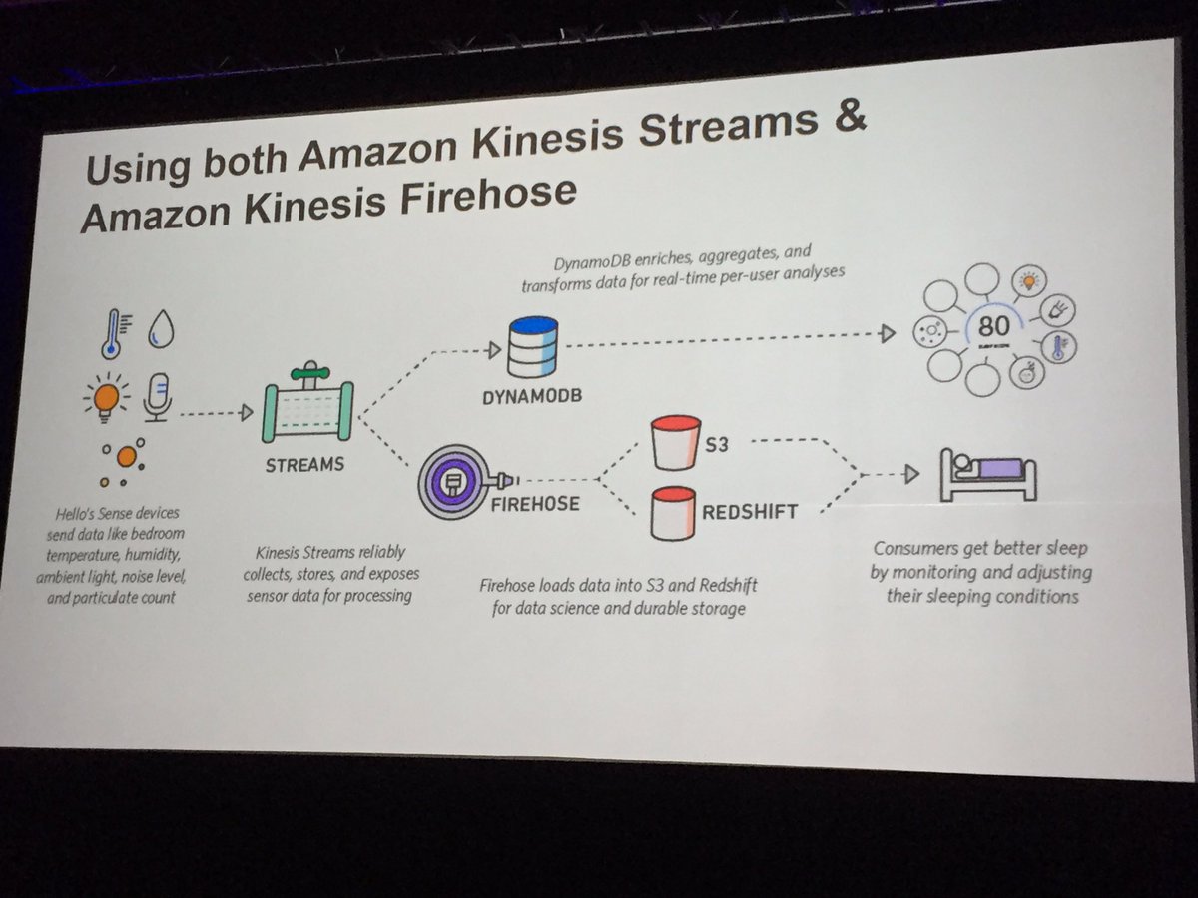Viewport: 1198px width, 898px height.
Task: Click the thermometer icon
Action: tap(110, 333)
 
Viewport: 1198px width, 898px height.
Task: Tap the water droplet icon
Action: tap(160, 330)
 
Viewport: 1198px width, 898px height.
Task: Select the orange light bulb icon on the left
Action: tap(106, 397)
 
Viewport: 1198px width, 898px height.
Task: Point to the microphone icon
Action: tap(157, 396)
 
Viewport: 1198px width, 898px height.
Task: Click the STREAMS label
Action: tap(305, 464)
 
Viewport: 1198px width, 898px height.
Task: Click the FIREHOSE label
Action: tap(534, 503)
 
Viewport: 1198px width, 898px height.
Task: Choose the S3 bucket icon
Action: tap(678, 441)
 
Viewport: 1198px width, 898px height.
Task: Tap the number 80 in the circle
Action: tap(993, 326)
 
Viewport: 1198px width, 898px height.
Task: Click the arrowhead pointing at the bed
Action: tap(909, 474)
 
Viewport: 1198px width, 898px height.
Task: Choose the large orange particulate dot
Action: tap(126, 457)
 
